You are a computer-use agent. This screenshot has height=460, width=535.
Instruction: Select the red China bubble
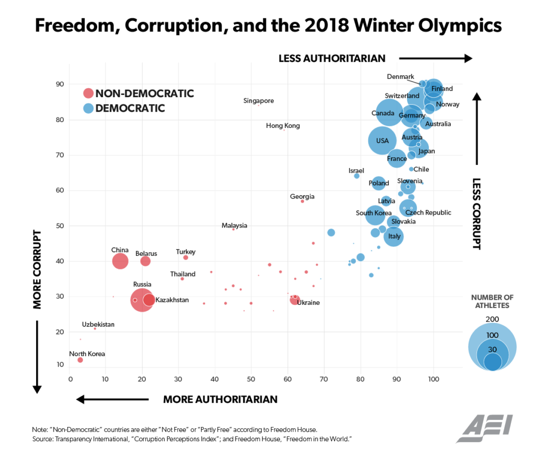[120, 261]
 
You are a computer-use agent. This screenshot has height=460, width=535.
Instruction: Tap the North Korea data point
[80, 360]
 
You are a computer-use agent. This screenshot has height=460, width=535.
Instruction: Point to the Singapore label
[259, 101]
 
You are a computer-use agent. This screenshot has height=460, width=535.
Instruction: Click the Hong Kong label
[283, 126]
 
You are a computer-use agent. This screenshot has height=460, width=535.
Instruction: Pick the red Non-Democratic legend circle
[88, 93]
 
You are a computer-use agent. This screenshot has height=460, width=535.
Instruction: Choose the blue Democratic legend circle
[88, 109]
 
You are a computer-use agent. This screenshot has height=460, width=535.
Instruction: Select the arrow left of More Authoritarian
[112, 399]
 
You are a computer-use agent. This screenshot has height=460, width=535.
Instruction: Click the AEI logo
[484, 428]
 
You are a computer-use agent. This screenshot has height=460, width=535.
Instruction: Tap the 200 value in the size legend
[492, 319]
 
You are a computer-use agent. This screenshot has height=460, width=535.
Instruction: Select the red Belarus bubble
[145, 261]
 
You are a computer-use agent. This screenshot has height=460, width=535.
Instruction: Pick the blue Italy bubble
[394, 237]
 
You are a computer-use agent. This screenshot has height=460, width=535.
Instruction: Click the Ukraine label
[308, 303]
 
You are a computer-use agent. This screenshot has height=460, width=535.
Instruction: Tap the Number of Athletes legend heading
[492, 302]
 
